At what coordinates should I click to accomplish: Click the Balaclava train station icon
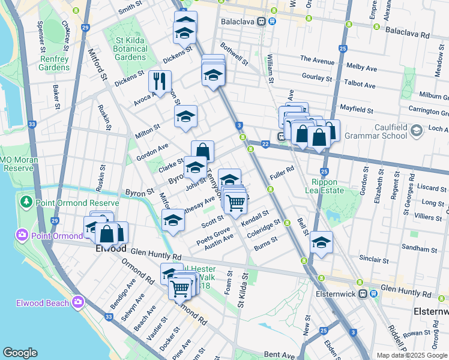pos(262,21)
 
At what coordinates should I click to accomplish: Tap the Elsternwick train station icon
pos(363,293)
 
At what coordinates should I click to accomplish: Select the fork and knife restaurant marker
pos(160,81)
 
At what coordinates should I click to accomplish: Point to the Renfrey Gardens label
pos(55,63)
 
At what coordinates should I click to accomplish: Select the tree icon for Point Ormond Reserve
pos(26,202)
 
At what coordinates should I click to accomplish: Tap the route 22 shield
pos(265,144)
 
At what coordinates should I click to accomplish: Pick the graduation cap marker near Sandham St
pos(322,243)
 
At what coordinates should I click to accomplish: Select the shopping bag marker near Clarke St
pos(203,151)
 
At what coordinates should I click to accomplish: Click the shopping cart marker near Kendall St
pos(235,204)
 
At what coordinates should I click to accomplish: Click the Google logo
pos(20,353)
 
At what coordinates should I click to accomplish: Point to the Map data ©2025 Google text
pos(411,355)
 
